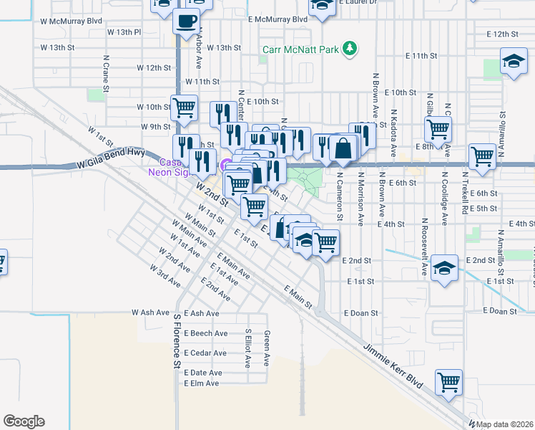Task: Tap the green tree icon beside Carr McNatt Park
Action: point(349,49)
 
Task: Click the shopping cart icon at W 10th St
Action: point(184,107)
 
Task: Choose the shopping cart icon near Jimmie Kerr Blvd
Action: point(448,383)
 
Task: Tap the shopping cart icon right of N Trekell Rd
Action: point(483,156)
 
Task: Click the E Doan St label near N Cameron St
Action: point(360,313)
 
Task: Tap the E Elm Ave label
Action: point(201,383)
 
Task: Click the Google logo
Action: point(24,421)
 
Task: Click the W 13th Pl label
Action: point(124,33)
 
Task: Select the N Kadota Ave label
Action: point(393,133)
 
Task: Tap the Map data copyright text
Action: point(504,424)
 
